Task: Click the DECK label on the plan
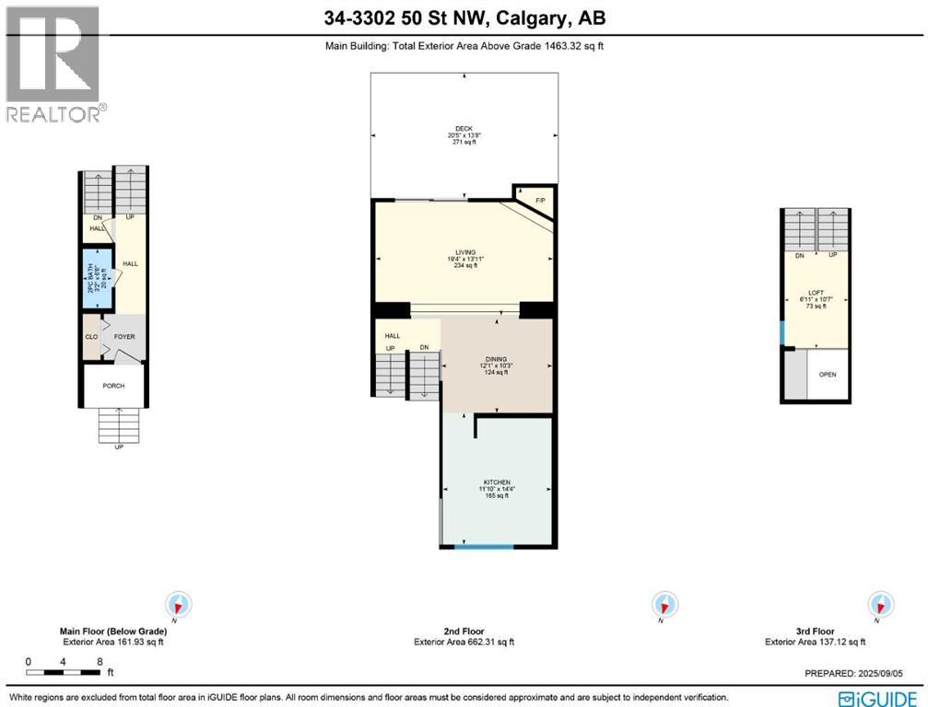(x=464, y=129)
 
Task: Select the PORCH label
(x=114, y=386)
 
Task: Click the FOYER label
(x=124, y=337)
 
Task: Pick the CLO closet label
(x=91, y=337)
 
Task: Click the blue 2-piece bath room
(x=96, y=274)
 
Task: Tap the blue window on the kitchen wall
(x=484, y=547)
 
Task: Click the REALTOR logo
(x=53, y=64)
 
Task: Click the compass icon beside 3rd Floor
(x=881, y=605)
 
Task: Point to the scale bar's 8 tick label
(x=99, y=661)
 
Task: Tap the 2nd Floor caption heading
(x=464, y=632)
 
